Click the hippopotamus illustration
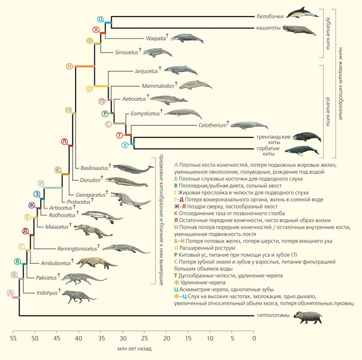tap(308, 317)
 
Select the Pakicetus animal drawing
tap(84, 280)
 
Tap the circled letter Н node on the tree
tap(69, 66)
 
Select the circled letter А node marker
tap(10, 293)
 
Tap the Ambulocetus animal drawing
tap(96, 263)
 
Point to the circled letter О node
tap(89, 88)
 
